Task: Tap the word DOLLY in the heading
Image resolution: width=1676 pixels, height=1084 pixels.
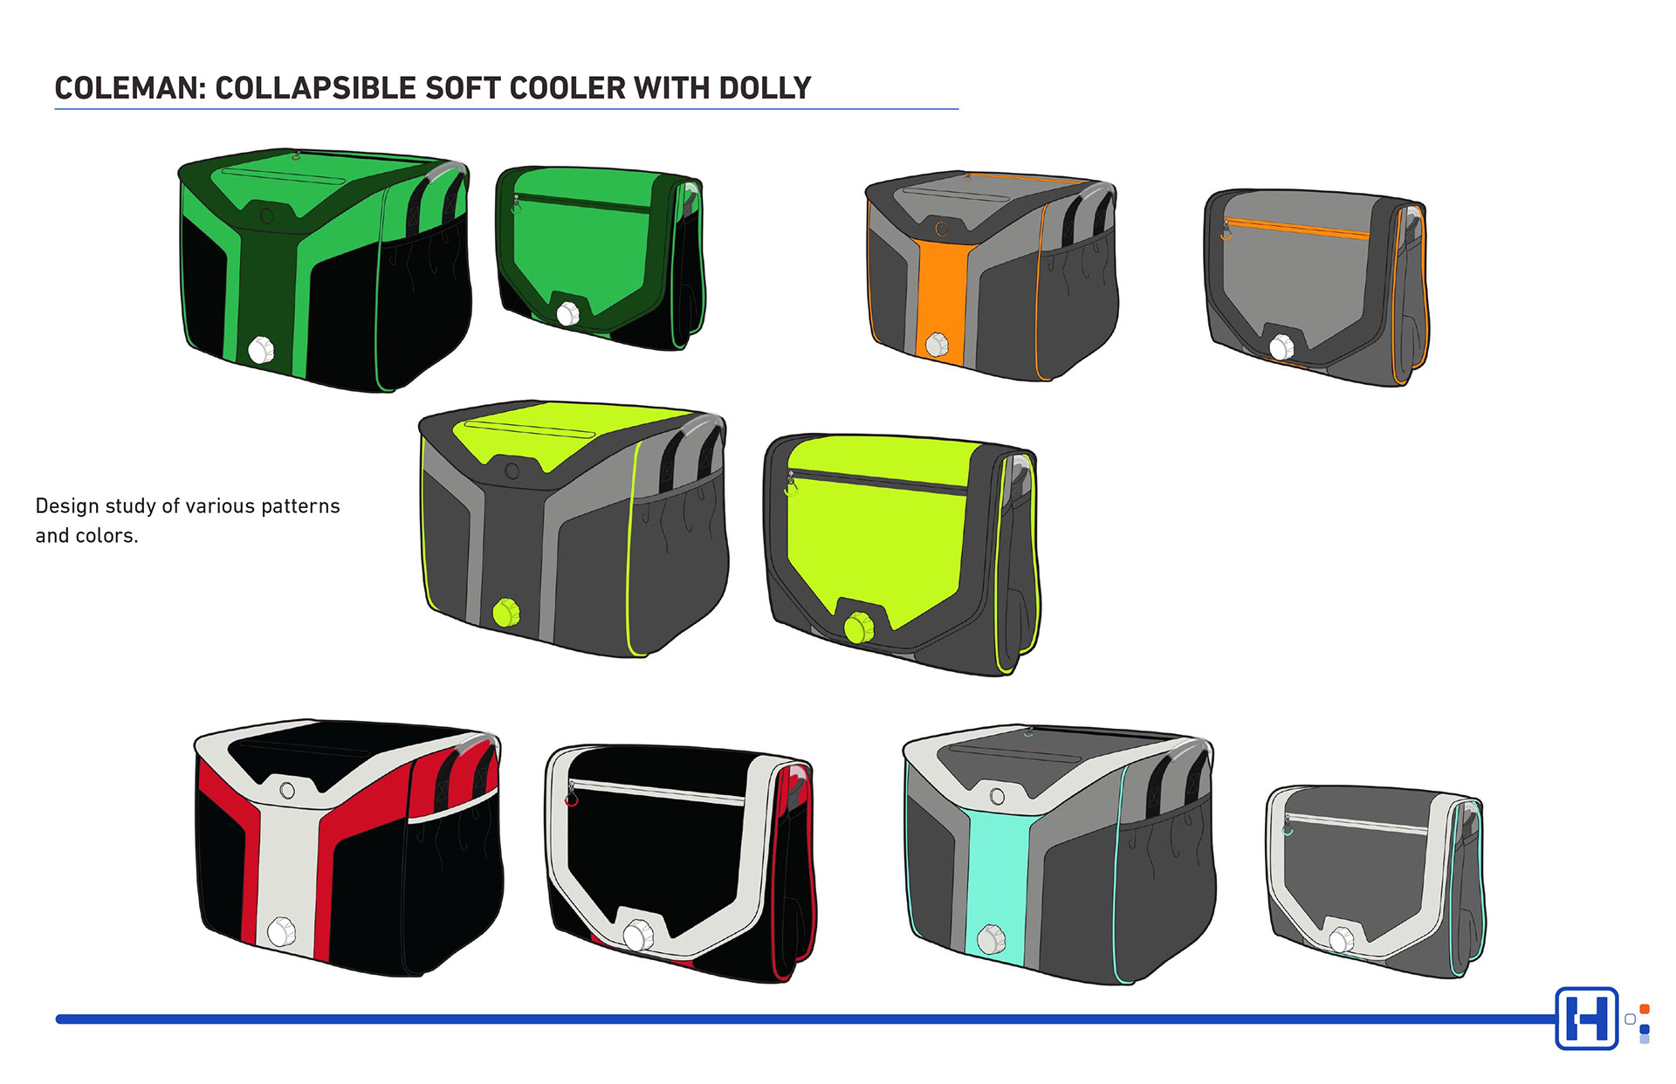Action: (x=765, y=88)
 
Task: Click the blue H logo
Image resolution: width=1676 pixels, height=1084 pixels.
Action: (x=1586, y=1018)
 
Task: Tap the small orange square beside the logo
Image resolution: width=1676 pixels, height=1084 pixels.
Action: (x=1645, y=1009)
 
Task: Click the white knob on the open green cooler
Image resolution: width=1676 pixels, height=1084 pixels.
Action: (x=261, y=350)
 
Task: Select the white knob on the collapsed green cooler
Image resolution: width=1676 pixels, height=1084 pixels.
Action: (x=568, y=313)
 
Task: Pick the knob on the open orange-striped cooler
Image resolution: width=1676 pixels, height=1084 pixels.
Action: (x=937, y=344)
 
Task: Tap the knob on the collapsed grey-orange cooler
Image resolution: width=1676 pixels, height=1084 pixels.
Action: (x=1281, y=346)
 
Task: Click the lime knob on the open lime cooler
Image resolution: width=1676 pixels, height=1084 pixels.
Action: (x=506, y=612)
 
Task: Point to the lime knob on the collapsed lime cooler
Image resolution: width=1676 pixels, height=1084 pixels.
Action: (x=859, y=627)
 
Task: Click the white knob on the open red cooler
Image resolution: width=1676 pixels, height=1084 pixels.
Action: (x=281, y=931)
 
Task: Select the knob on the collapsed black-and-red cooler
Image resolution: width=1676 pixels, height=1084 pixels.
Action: (x=638, y=936)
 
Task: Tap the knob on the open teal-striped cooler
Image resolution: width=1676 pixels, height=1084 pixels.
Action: (x=991, y=939)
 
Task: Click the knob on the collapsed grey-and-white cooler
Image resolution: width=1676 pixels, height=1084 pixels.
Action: (x=1342, y=940)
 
